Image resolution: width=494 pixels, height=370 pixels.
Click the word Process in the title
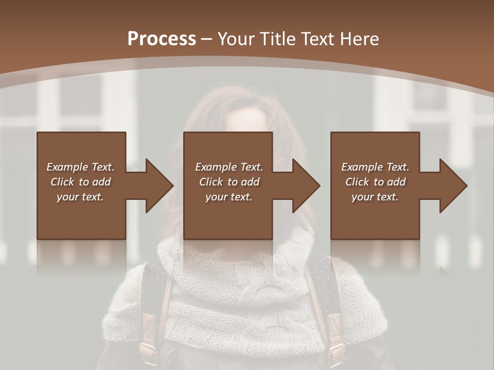(x=162, y=39)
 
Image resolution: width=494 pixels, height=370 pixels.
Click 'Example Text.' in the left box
(x=80, y=167)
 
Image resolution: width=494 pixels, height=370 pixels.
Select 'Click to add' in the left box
(x=80, y=182)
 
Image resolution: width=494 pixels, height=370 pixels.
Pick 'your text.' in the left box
(x=80, y=197)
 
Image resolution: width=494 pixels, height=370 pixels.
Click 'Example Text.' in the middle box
(x=229, y=167)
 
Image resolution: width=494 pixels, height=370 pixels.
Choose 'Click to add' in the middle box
(x=229, y=182)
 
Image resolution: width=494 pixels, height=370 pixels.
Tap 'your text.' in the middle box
(x=229, y=197)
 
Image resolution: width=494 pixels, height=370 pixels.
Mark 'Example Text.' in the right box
(x=375, y=167)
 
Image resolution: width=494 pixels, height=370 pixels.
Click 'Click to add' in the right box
(x=375, y=182)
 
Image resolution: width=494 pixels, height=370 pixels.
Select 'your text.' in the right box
(x=375, y=197)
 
